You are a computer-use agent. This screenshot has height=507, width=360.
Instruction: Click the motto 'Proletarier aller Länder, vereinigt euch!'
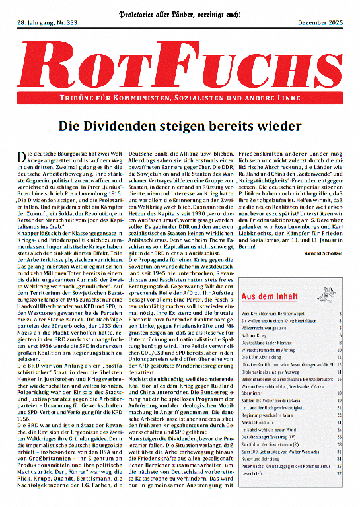click(180, 12)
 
